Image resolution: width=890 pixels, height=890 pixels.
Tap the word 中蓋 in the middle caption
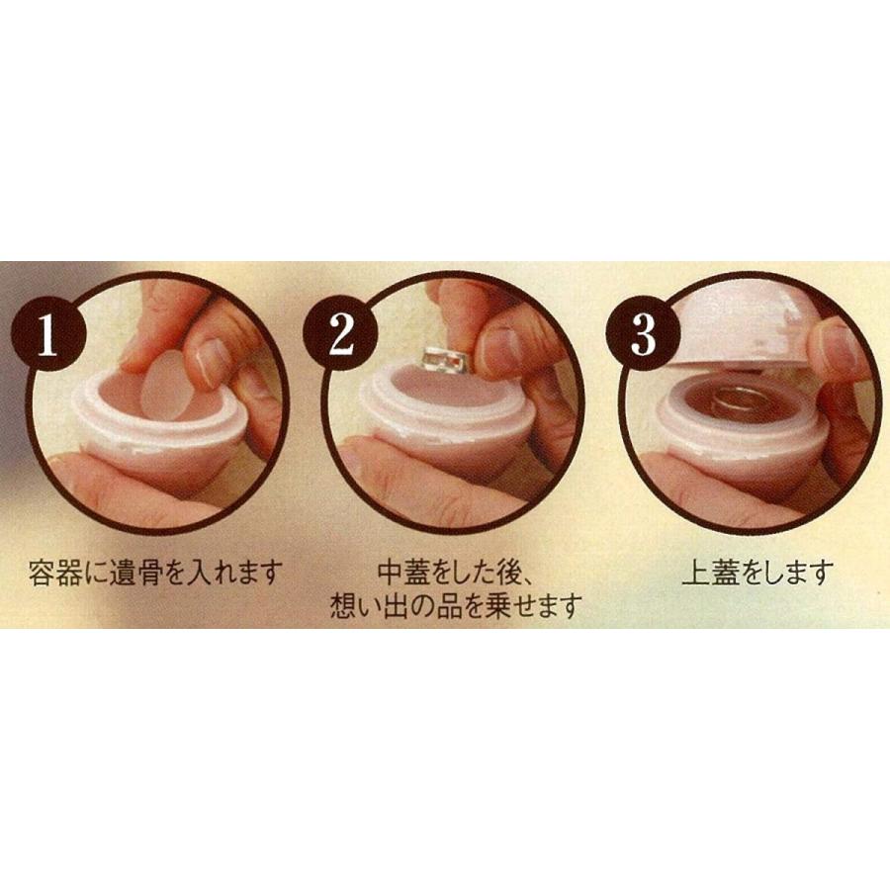[402, 573]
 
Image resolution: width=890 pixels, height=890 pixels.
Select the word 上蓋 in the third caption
[706, 573]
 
